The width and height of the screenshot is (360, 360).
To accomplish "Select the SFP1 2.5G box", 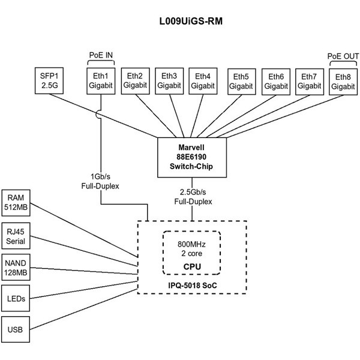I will click(48, 80).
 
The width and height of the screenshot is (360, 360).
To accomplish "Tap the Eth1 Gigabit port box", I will click(101, 80).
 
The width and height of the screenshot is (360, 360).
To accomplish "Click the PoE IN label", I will click(101, 56).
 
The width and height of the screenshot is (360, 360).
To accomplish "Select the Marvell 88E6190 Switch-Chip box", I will click(192, 158).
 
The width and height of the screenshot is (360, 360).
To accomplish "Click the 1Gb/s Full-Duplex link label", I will click(101, 182).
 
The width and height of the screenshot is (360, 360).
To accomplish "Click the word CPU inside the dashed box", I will click(192, 266).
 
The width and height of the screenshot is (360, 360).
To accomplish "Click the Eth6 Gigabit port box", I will click(276, 80).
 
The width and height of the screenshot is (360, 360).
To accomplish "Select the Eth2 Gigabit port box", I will click(136, 80).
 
